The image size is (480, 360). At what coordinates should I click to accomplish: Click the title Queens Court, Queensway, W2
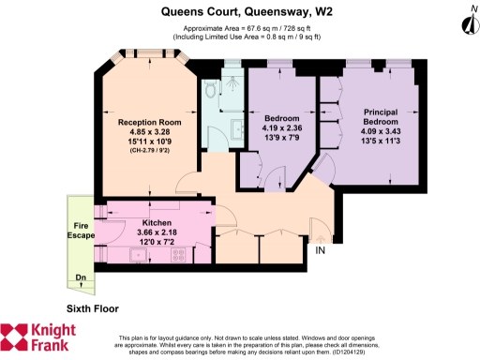pos(239,11)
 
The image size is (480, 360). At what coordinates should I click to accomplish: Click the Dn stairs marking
pos(82,277)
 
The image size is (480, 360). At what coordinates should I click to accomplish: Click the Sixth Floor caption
pos(93,307)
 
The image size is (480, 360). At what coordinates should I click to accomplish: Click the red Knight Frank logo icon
pos(16,337)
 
